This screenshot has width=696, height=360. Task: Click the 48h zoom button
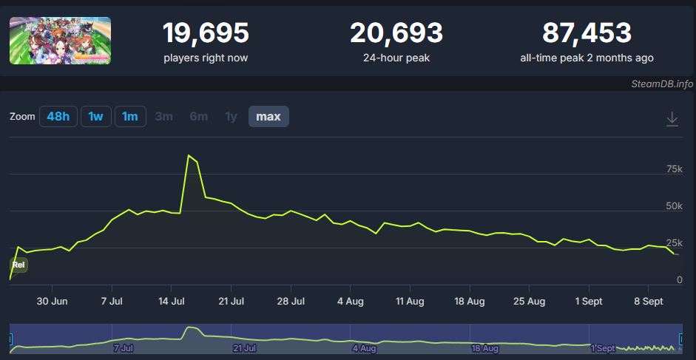pos(58,117)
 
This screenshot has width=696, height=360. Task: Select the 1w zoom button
pos(95,117)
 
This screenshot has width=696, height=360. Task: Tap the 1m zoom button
pos(130,117)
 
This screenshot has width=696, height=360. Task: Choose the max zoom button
pos(268,117)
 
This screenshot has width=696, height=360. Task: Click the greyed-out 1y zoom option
pos(232,117)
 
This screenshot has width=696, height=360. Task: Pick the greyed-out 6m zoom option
pos(199,117)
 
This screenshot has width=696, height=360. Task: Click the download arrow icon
pos(672,119)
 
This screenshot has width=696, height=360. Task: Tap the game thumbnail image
pos(60,41)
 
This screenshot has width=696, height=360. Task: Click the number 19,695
pos(206,33)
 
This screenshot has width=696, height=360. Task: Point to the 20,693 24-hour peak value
pos(396,33)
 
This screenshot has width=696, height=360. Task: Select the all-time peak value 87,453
pos(587,33)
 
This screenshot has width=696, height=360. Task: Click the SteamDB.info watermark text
pos(662,84)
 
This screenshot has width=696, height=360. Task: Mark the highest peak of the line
pos(189,155)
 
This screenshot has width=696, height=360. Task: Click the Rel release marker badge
pos(19,265)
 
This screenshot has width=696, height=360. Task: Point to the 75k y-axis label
pos(674,169)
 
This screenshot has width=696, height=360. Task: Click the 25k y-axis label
pos(674,242)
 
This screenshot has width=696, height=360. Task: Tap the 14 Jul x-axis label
pos(172,302)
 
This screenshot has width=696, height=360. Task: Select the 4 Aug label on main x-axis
pos(350,302)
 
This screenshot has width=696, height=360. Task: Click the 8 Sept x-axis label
pos(648,302)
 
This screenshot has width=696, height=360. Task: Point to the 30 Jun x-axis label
pos(53,302)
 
